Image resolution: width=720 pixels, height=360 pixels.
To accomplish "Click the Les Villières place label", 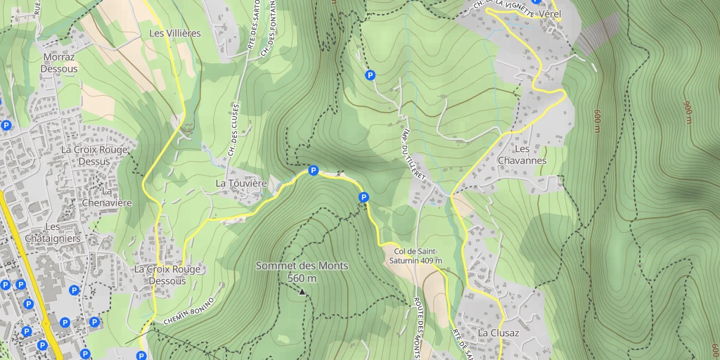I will point(175,33).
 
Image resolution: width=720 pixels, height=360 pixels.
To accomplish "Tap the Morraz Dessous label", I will point(59,63).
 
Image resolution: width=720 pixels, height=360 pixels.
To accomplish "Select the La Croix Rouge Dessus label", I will point(94,155).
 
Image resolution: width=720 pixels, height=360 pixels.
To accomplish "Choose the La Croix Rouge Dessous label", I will point(167,275).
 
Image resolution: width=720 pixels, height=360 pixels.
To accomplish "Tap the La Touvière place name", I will point(241,184).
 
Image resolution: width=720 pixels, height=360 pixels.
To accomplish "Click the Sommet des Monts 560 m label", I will point(302,272).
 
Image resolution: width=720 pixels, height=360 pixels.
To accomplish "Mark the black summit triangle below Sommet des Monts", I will point(302,291).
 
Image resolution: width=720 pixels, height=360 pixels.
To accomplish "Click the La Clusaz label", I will point(499,333).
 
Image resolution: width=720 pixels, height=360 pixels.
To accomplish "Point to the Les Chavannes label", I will point(531,155).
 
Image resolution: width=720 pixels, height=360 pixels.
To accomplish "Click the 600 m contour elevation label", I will point(597,121).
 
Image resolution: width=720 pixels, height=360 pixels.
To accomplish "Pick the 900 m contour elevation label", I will point(687,112).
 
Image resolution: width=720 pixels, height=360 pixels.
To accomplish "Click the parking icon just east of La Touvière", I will point(314,170).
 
